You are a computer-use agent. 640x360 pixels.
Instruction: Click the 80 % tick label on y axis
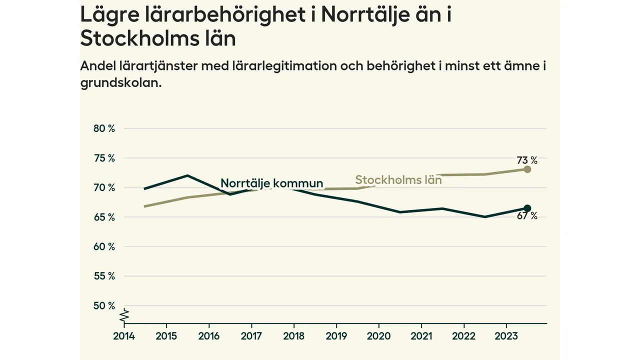tap(104, 128)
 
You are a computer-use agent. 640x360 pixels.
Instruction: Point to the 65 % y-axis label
tap(104, 217)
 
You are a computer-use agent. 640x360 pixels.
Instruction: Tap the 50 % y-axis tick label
tap(104, 306)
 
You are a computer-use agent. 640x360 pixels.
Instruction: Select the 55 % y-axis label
tap(104, 276)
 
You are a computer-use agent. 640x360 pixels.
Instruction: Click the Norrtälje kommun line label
tap(272, 183)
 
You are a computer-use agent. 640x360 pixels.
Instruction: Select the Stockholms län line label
tap(398, 180)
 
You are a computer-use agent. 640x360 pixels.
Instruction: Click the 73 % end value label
tap(527, 160)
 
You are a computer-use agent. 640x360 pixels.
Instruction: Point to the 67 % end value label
tap(527, 216)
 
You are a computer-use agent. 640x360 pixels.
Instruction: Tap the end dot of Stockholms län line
tap(527, 169)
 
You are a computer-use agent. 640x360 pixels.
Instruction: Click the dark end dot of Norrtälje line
tap(527, 208)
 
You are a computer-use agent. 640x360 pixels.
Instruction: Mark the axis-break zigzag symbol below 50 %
tap(124, 315)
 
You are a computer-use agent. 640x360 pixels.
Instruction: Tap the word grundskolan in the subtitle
tap(120, 83)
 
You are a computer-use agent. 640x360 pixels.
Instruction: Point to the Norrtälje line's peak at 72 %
tap(187, 175)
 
